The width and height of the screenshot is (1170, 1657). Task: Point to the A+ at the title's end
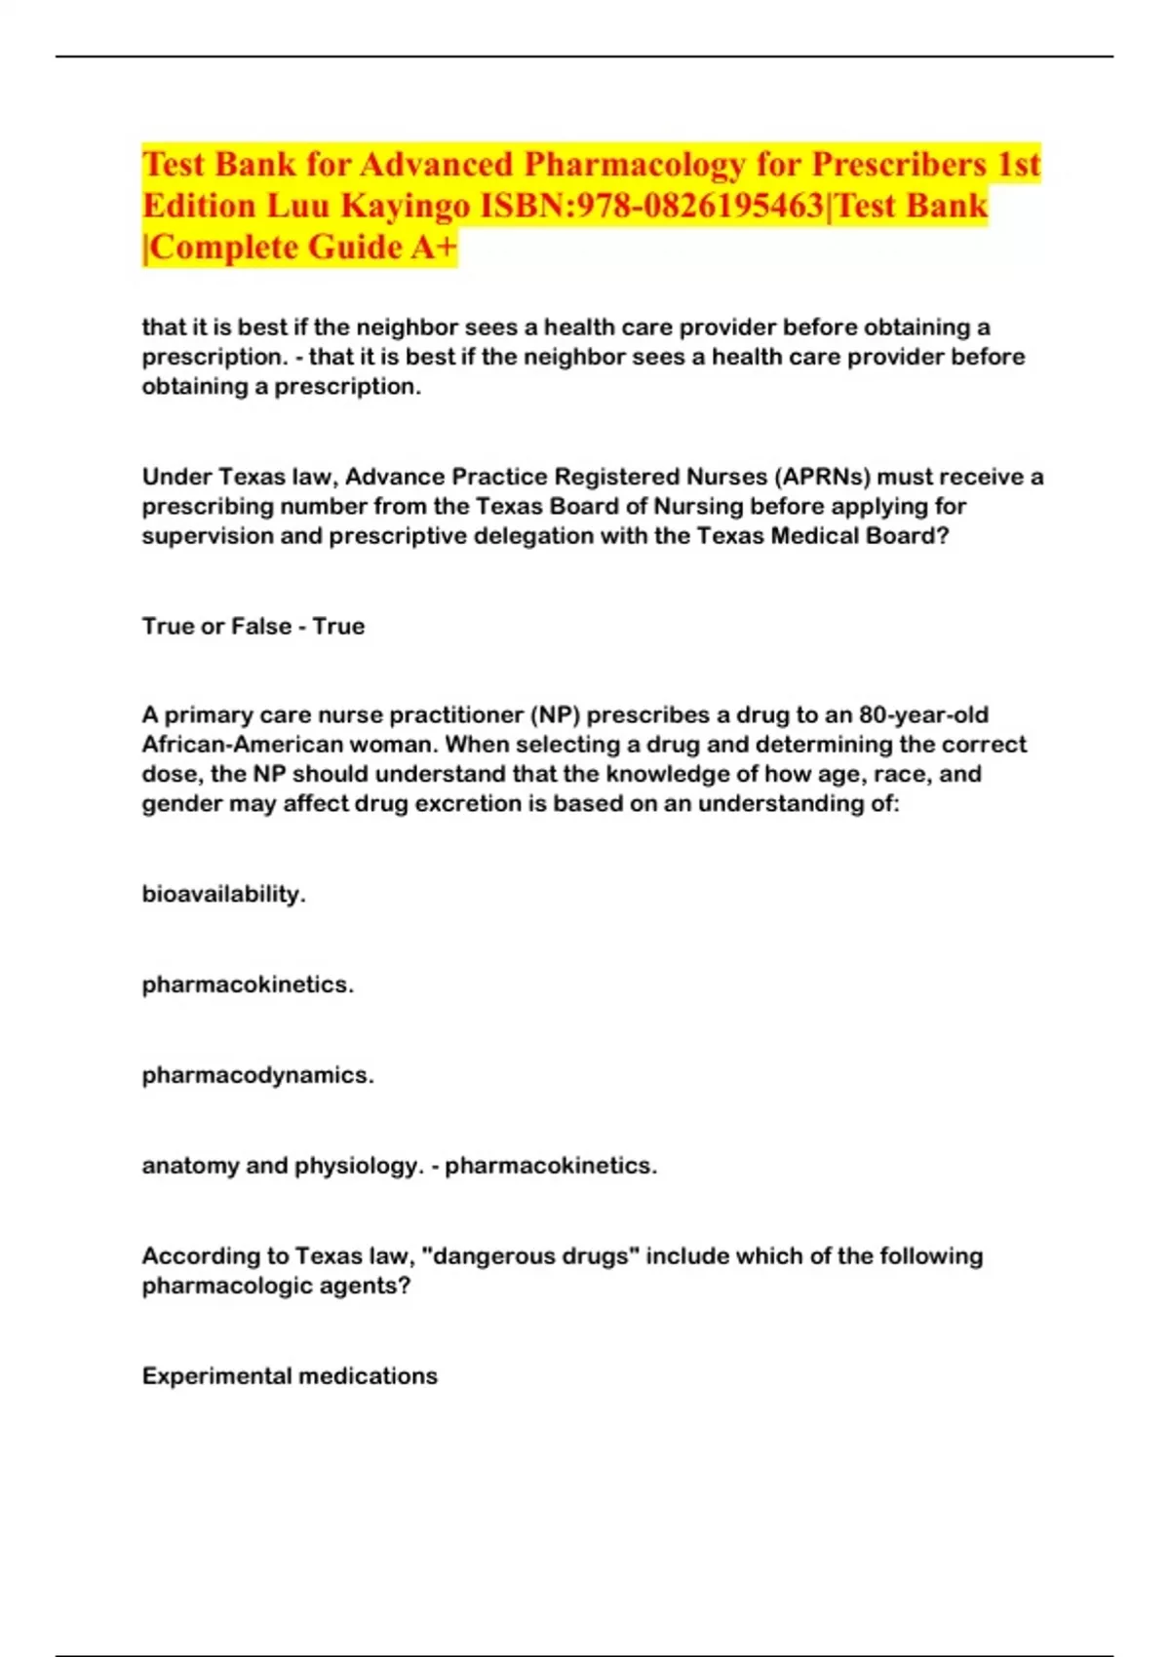433,248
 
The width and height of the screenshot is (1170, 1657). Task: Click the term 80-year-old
923,714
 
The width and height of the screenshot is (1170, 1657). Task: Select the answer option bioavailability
223,894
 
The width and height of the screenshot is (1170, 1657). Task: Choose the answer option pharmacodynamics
257,1075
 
